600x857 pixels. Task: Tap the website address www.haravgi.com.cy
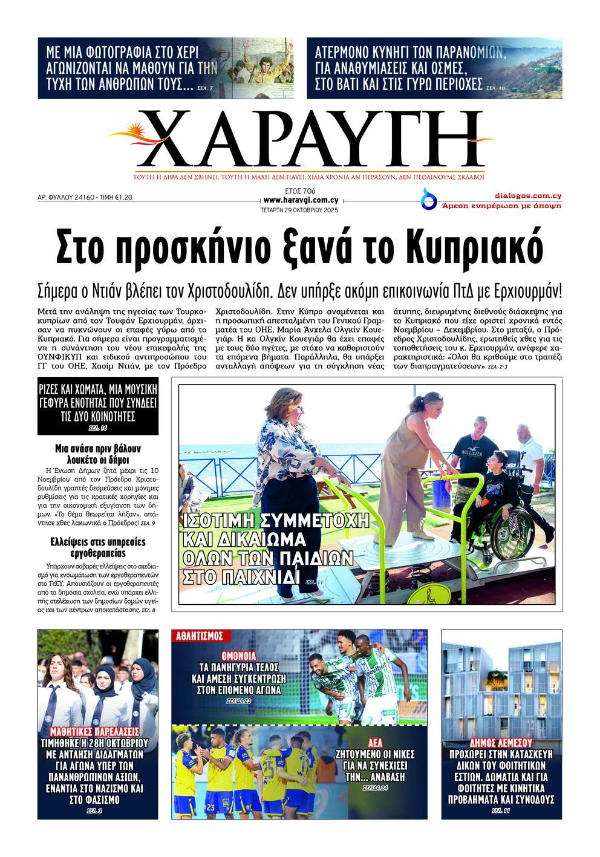[x=301, y=200]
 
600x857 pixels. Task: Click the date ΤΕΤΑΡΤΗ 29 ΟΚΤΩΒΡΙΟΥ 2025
[x=299, y=210]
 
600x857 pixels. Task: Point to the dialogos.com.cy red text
[x=528, y=195]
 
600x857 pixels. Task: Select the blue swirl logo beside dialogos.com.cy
[x=429, y=199]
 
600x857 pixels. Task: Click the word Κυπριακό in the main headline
[x=474, y=247]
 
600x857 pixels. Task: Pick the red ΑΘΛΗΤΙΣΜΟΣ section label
[x=200, y=636]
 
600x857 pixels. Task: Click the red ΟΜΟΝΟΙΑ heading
[x=239, y=656]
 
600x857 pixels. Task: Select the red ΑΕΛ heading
[x=375, y=743]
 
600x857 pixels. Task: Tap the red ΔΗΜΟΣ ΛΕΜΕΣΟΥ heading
[x=501, y=743]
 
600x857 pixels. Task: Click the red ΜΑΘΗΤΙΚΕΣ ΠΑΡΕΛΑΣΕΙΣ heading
[x=94, y=732]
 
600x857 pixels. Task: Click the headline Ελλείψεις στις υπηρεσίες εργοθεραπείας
[x=98, y=547]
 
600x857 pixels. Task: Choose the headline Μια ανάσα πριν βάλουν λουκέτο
[x=98, y=454]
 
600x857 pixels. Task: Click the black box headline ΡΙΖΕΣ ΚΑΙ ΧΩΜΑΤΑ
[x=98, y=403]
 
